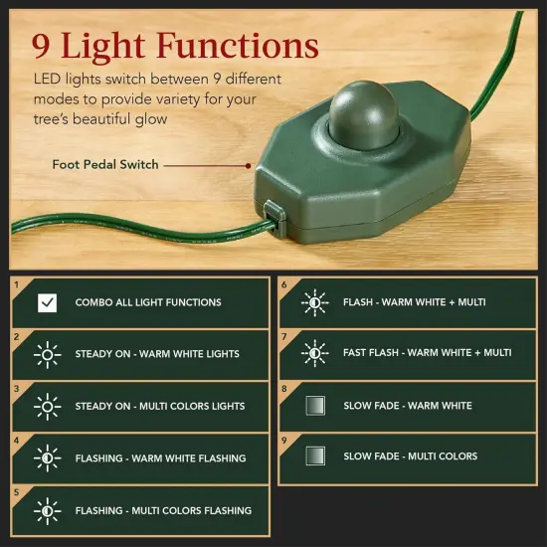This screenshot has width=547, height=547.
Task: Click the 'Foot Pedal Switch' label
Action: tap(105, 165)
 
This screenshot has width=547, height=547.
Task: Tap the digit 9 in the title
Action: tap(42, 46)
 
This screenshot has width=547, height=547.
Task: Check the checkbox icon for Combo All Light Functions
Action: tap(47, 302)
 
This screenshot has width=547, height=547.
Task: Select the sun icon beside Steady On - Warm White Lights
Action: tap(47, 354)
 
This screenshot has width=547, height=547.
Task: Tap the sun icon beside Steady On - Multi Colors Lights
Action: tap(47, 406)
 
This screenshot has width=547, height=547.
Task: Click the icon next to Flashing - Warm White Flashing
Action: tap(47, 457)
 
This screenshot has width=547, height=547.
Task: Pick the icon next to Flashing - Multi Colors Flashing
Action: tap(47, 510)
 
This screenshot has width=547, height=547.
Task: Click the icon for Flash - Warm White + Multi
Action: tap(314, 301)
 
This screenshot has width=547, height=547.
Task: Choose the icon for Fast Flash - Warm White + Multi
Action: tap(314, 353)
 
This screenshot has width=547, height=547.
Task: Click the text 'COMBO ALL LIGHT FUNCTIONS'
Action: tap(148, 302)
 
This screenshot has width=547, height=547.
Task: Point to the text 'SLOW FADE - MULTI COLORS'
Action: tap(410, 456)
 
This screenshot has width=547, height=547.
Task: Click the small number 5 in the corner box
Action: tap(17, 491)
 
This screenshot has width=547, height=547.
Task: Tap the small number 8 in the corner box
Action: tap(284, 388)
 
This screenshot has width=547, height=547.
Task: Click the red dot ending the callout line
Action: tap(248, 165)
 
